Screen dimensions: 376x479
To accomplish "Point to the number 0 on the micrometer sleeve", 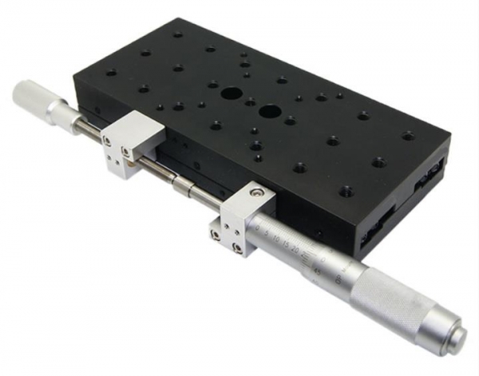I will click(259, 227).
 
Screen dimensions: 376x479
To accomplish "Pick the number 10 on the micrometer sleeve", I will click(277, 238).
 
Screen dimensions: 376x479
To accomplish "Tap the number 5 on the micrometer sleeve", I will click(268, 232).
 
